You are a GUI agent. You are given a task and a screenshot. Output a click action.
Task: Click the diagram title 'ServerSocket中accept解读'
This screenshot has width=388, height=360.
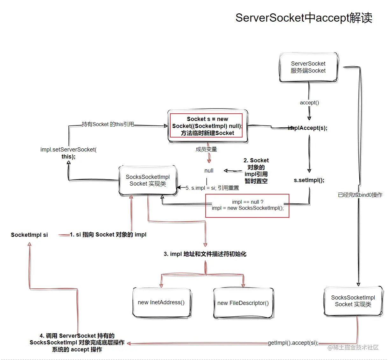(304, 18)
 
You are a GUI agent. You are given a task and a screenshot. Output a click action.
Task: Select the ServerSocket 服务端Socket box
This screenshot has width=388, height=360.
(308, 67)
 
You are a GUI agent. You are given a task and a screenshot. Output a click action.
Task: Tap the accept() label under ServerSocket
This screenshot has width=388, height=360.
(309, 102)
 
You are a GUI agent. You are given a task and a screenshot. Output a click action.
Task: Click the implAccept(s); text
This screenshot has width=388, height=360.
(307, 128)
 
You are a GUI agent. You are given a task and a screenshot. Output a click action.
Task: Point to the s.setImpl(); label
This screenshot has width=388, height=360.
(309, 180)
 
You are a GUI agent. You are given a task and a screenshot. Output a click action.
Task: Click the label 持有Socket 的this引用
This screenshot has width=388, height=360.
(108, 124)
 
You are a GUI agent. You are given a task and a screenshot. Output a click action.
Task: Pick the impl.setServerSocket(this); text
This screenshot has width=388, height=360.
(68, 153)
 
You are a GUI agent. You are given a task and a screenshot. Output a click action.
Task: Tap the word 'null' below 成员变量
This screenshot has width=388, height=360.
(209, 171)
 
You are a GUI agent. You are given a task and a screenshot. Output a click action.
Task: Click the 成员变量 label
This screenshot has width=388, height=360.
(206, 149)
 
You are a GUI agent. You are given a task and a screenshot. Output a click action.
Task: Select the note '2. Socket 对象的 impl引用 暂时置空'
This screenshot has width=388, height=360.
(256, 171)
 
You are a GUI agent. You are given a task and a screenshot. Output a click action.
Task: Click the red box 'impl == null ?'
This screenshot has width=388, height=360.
(247, 205)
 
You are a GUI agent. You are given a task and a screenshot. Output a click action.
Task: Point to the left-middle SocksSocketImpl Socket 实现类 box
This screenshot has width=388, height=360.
(148, 180)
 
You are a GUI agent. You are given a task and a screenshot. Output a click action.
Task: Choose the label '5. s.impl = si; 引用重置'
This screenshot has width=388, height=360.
(212, 188)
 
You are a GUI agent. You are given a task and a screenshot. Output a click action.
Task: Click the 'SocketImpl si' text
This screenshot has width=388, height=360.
(29, 235)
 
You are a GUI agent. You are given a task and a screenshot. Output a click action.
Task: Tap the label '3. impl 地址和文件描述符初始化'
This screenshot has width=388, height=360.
(205, 254)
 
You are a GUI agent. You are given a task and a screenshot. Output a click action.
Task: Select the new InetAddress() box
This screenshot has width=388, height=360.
(161, 302)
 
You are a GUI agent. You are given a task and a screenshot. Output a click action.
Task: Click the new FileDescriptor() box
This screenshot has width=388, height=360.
(243, 303)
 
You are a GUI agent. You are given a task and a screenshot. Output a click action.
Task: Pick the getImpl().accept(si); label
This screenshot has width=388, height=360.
(293, 343)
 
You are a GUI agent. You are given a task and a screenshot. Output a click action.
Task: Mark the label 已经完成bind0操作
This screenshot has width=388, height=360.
(360, 195)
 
